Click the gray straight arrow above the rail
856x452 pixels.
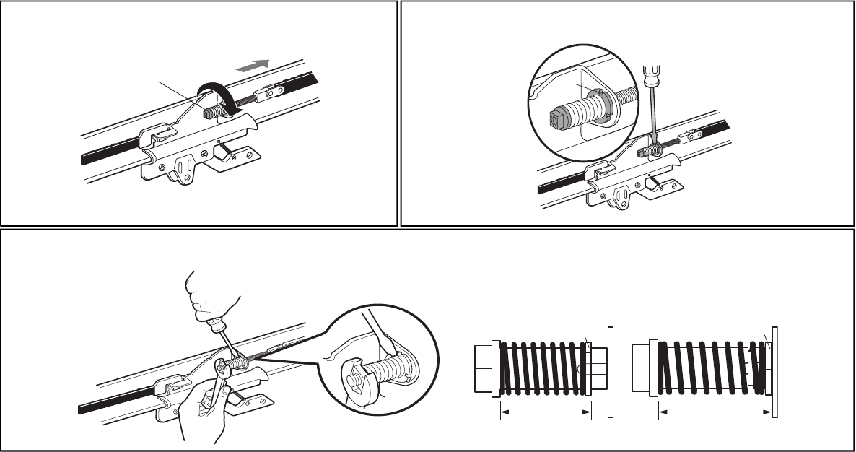[x=253, y=65]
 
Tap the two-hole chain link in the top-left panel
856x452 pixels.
[x=271, y=93]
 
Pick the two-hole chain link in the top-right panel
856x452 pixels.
[x=694, y=134]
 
